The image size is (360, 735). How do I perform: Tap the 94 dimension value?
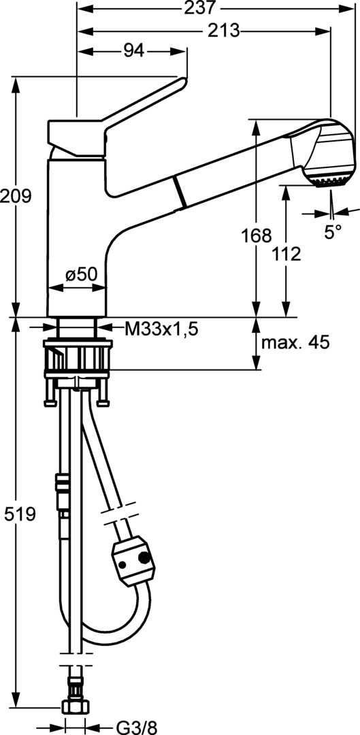134,51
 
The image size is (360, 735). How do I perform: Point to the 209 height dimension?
16,196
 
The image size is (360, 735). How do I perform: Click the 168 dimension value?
257,235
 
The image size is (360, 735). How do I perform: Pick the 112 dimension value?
287,254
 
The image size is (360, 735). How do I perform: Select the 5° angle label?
332,233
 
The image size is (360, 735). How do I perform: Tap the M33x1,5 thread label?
161,329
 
